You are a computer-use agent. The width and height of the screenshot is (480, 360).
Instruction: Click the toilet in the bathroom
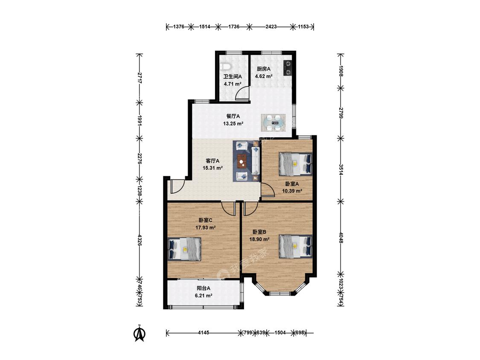226,67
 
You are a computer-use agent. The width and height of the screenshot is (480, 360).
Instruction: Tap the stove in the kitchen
288,68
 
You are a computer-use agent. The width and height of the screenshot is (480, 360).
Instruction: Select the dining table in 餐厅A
273,123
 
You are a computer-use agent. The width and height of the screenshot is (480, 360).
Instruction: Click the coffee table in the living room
243,161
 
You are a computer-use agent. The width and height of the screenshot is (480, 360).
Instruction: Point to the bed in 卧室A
295,164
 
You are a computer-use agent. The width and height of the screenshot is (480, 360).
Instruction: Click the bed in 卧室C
185,249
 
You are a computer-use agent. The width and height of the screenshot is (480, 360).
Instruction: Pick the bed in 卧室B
295,247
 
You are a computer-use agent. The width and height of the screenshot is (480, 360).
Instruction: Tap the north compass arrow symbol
140,333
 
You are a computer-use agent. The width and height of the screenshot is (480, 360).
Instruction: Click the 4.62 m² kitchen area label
264,76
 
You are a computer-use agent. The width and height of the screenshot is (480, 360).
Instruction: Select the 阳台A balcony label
204,288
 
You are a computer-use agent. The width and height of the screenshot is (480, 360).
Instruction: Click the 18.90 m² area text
259,239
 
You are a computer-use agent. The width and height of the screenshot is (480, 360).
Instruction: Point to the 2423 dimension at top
271,26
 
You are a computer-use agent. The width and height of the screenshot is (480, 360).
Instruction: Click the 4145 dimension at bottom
204,332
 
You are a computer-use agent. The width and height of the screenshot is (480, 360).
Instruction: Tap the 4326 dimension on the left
140,240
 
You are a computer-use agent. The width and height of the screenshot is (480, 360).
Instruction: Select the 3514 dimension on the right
341,169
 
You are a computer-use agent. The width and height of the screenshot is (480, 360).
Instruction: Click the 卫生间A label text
233,76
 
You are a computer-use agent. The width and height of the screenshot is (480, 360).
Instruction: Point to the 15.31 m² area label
212,168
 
